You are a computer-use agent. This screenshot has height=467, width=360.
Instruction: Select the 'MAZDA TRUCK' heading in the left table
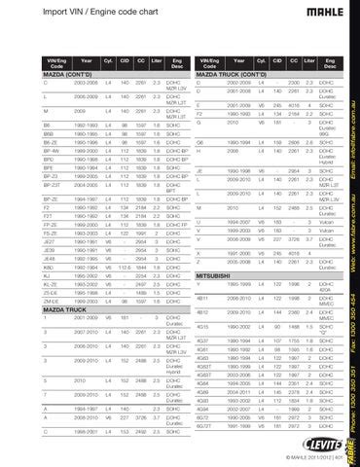tap(31, 308)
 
